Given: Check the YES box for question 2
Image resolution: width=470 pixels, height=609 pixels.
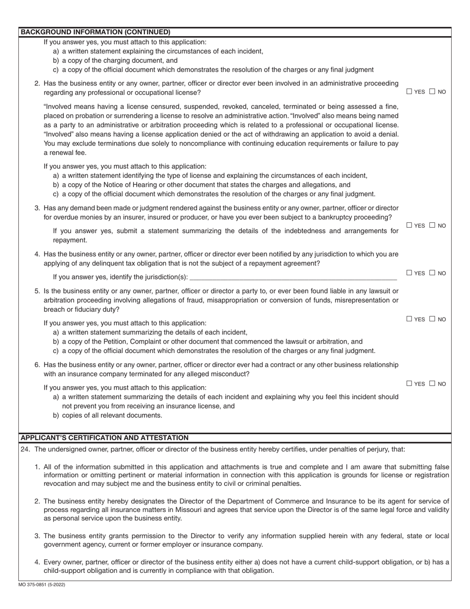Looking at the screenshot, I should (x=409, y=91).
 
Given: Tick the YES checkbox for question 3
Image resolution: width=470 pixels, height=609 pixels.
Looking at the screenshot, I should (x=409, y=225).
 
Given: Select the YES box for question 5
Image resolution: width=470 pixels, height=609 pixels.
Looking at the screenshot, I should (x=409, y=319).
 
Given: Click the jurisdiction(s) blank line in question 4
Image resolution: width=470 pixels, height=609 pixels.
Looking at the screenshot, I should (x=293, y=277).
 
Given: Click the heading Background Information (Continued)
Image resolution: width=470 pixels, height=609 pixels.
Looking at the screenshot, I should (x=95, y=32).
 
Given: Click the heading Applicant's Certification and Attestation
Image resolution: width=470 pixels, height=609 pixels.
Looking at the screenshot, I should (x=104, y=438).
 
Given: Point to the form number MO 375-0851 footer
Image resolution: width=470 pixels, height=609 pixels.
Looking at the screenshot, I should (x=43, y=585).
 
